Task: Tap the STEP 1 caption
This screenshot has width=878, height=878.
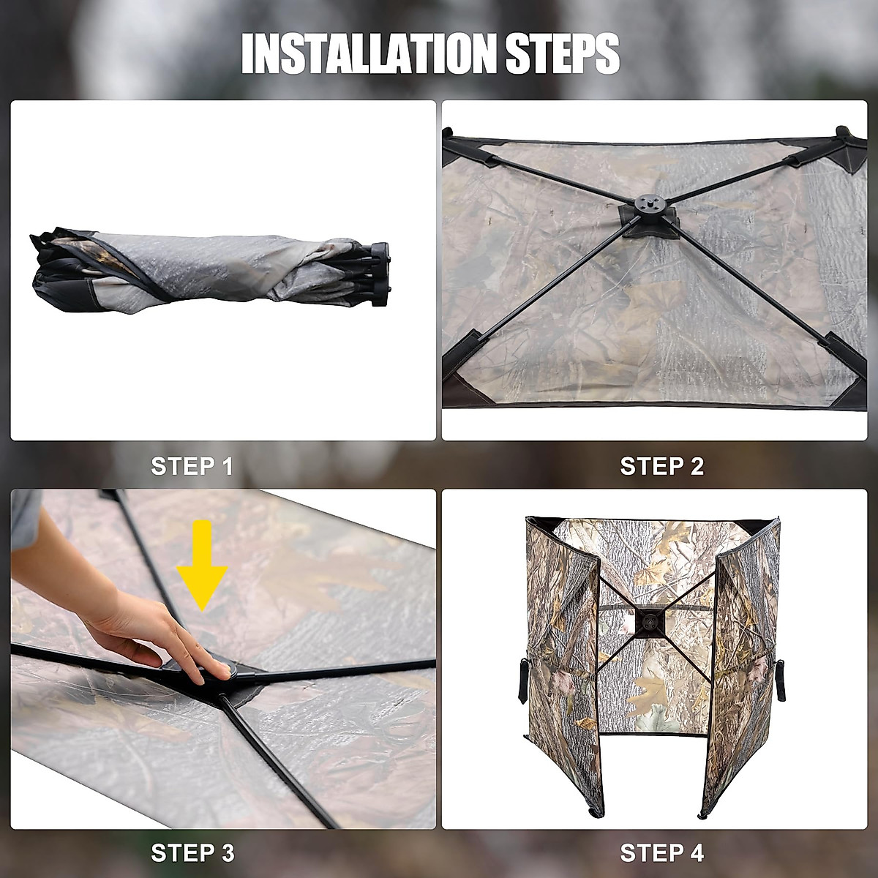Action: coord(192,466)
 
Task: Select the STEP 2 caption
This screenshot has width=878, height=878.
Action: coord(661,466)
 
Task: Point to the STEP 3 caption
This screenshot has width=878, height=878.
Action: coord(193,852)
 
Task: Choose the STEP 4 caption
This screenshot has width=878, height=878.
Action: coord(661,852)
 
